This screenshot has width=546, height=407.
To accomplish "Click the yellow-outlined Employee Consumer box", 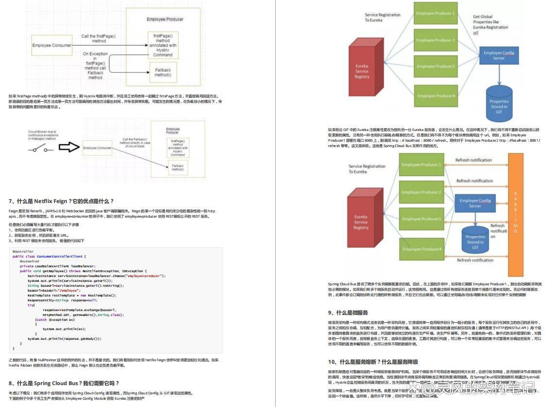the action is (x=52, y=45).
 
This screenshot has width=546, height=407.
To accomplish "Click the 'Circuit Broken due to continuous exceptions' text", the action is (x=43, y=135).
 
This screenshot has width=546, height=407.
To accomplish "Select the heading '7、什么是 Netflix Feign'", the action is (x=61, y=201).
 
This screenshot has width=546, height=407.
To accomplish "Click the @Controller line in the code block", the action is (x=23, y=252).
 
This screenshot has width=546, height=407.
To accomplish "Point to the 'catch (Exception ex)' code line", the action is (x=56, y=319).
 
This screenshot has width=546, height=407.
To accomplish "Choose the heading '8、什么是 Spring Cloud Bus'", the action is (x=64, y=383).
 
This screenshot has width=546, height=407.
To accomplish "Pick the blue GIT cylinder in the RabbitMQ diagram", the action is (x=475, y=240).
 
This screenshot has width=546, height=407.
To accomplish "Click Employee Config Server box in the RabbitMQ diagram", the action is (x=475, y=203).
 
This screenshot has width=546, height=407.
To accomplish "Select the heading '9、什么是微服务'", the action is (x=348, y=313).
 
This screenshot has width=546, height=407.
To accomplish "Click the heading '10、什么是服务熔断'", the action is (x=373, y=362).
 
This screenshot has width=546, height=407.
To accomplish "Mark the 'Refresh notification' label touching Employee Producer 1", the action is (x=474, y=160).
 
